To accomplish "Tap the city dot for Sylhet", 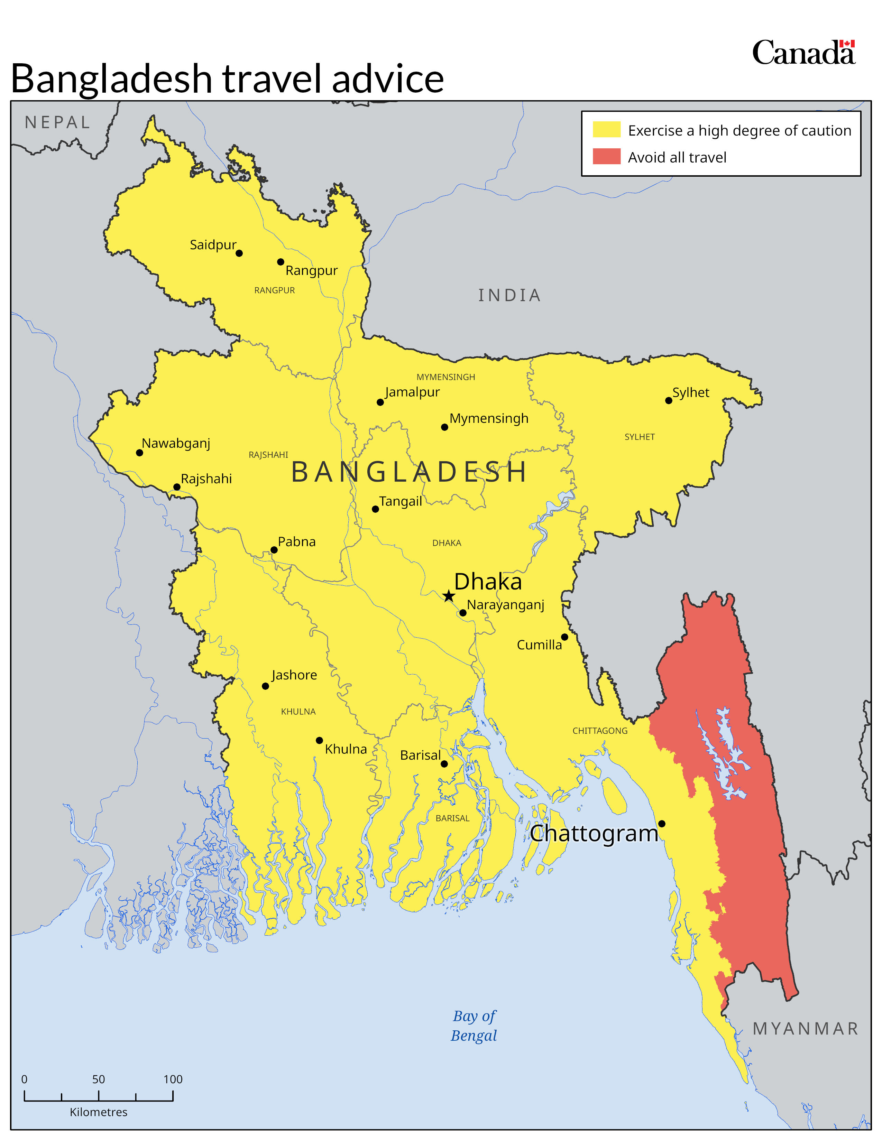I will (x=668, y=401).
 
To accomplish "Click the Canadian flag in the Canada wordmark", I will (x=847, y=44).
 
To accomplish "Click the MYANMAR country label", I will (x=805, y=1028).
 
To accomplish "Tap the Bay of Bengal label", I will (x=474, y=1025).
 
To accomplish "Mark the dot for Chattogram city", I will (x=661, y=824).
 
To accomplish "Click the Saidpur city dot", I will (x=239, y=253).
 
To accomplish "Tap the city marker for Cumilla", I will (x=564, y=637).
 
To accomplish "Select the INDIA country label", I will (x=509, y=295).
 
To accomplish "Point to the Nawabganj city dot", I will (x=139, y=453).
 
